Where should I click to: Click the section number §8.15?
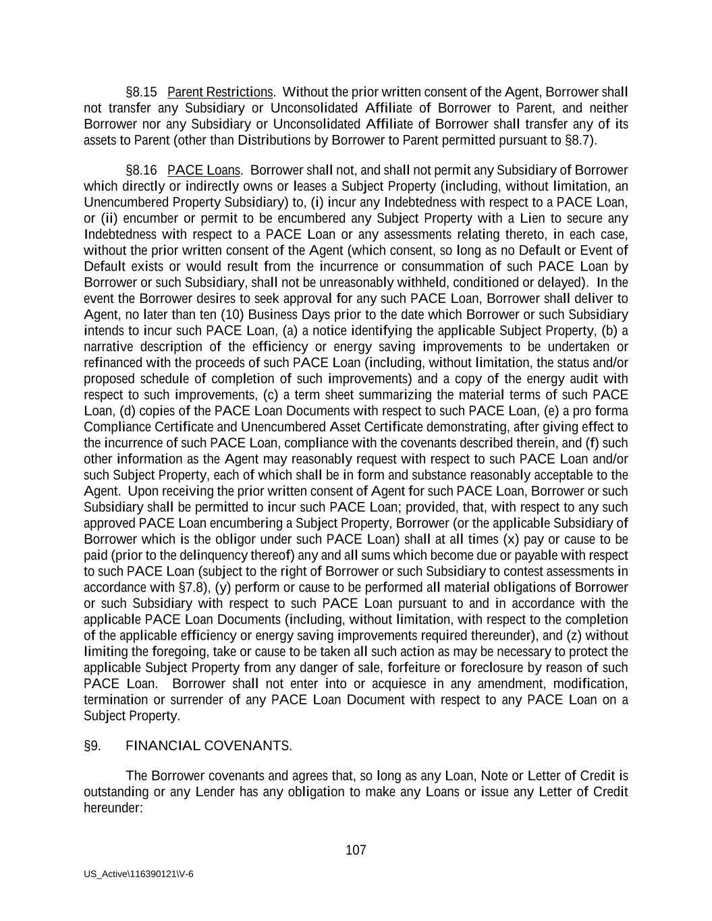point(141,92)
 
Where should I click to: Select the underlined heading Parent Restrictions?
point(220,92)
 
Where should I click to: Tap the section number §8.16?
point(141,170)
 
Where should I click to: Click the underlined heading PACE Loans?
point(204,170)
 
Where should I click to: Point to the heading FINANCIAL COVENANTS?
point(209,746)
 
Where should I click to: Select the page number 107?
point(356,850)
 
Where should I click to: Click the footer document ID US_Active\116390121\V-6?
point(138,874)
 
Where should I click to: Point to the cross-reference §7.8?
point(192,587)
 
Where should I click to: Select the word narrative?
point(109,347)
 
